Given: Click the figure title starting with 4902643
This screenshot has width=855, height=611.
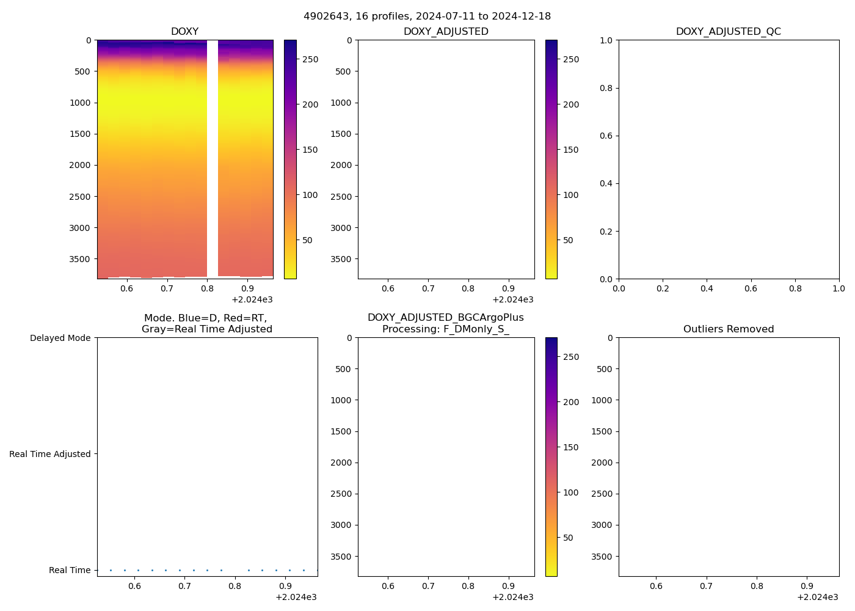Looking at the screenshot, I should pos(427,16).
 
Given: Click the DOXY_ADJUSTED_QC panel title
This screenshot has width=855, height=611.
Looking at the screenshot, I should pos(728,32).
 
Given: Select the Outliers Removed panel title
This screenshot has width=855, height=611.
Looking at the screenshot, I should pos(728,329).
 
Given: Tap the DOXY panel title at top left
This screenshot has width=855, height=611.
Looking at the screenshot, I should pos(184,32).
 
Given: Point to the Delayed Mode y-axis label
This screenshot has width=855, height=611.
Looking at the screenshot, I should pos(60,338).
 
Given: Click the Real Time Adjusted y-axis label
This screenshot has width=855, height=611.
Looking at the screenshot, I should pos(49,455).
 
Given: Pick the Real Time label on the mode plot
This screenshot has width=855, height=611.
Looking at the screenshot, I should pos(70,571).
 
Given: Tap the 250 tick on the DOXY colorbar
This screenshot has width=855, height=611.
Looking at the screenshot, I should pos(310,60).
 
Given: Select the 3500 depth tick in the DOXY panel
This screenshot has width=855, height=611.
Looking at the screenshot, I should pos(79,259).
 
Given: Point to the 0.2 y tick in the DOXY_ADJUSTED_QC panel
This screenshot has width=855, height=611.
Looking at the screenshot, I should pos(605,232).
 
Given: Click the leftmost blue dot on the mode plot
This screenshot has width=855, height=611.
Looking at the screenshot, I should pos(111,570).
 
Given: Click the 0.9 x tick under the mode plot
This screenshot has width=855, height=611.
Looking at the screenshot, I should pos(285,587).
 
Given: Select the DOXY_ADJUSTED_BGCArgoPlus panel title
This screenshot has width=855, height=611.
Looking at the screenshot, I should pos(445,323).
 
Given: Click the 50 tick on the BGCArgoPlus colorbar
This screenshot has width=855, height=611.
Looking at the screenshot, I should pos(568,538).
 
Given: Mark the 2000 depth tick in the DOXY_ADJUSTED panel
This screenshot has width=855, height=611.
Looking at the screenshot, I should pos(343,166).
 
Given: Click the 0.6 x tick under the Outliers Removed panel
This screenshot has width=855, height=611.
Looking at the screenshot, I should pos(656,587).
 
